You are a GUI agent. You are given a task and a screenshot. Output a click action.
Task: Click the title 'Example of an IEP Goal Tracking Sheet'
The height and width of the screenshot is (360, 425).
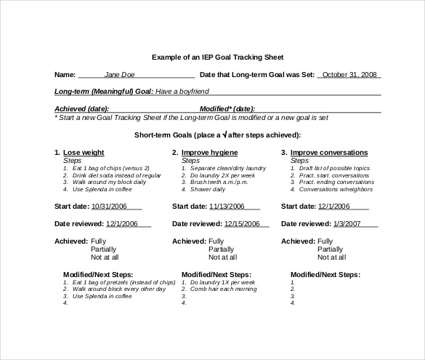[212, 56]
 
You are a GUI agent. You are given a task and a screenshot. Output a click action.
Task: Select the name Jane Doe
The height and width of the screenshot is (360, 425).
[119, 74]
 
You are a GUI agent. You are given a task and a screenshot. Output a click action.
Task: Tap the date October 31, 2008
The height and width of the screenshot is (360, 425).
[349, 74]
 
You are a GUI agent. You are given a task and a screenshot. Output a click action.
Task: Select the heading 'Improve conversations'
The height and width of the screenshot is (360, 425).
[328, 153]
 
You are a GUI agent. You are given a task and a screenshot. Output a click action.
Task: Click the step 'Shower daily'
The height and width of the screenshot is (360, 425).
[208, 189]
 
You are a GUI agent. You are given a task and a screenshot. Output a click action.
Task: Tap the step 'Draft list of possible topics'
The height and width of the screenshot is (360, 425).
[334, 168]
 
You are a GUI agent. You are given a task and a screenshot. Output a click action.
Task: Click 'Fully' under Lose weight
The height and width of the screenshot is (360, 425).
[98, 240]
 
